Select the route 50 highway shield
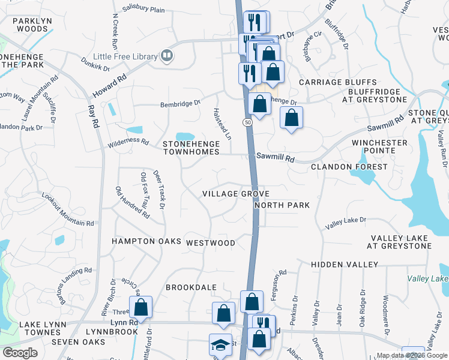[247, 122]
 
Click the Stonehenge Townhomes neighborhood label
[195, 148]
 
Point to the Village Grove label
[235, 194]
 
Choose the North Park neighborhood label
[282, 205]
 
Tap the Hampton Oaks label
[146, 241]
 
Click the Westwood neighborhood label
[211, 243]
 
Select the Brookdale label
[191, 287]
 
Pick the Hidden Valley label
[345, 265]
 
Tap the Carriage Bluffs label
[338, 82]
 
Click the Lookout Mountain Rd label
[68, 209]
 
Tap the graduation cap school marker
[220, 345]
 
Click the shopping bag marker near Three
[140, 308]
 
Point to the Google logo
[20, 353]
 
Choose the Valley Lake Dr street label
[345, 223]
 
